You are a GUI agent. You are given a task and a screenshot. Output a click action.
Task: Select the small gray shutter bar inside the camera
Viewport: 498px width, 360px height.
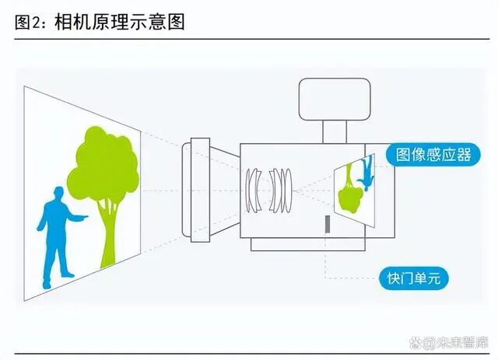(x=328, y=225)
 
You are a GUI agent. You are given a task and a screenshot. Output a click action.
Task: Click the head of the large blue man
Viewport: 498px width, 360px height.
(x=55, y=194)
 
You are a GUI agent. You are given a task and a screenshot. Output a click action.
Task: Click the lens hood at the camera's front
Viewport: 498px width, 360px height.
(x=198, y=187)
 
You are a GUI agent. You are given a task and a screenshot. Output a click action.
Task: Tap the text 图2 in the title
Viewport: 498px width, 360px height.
(x=30, y=21)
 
